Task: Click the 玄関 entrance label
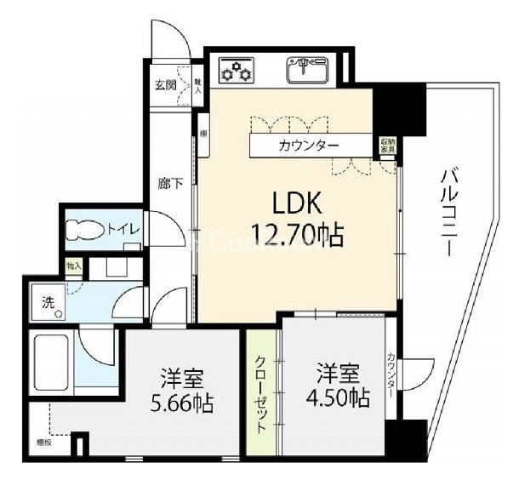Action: click(x=164, y=84)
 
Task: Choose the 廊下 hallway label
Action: click(x=168, y=182)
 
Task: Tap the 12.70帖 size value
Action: click(x=296, y=232)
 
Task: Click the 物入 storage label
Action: click(x=75, y=266)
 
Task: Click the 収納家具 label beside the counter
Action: click(x=387, y=146)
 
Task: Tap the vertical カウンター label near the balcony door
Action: click(x=390, y=375)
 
